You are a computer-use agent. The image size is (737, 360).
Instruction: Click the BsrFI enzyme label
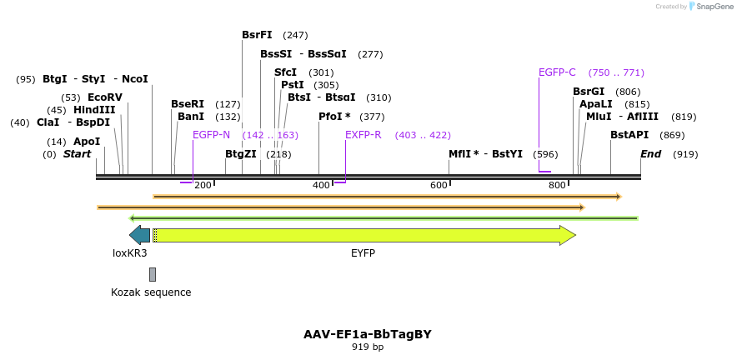(257, 35)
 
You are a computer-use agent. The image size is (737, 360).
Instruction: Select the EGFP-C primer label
(557, 72)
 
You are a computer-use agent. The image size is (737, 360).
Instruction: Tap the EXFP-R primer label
(363, 135)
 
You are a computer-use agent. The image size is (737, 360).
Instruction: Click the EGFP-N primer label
(211, 135)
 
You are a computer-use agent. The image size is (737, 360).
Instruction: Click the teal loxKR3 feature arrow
(139, 236)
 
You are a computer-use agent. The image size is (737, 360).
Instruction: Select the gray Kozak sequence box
(153, 274)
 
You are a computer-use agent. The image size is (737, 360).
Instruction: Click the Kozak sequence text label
(151, 292)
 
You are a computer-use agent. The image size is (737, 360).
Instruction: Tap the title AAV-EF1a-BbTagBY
(367, 334)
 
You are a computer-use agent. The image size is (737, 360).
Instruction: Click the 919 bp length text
(367, 347)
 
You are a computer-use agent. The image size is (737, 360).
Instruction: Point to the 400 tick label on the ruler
(321, 185)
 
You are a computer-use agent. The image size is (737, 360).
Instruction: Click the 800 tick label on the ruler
(557, 185)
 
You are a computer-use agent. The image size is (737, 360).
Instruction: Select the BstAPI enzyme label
(629, 135)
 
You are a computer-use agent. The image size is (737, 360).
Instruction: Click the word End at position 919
(650, 154)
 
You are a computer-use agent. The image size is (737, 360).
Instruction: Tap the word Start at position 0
(77, 154)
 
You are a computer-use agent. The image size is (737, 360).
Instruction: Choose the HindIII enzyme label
(94, 110)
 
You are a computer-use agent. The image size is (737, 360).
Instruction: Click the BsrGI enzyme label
(589, 92)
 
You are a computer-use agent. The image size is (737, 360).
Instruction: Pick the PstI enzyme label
(293, 85)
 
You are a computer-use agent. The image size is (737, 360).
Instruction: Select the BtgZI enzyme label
(241, 154)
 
